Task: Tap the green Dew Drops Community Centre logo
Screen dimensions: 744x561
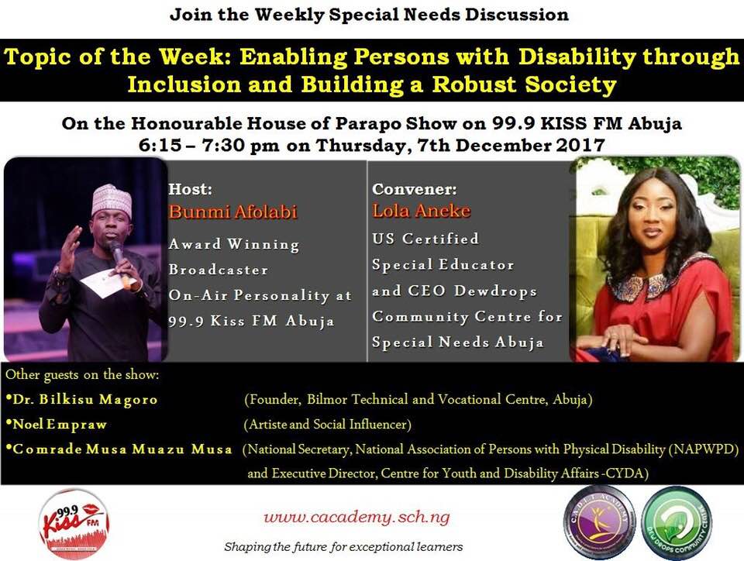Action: (677, 521)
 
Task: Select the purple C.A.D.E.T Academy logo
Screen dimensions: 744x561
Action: (600, 522)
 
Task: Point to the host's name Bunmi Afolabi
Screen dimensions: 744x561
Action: (232, 212)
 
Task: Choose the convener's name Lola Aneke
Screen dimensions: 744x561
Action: (422, 211)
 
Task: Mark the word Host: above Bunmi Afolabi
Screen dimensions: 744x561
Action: (191, 189)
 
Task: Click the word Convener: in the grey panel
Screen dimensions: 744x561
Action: (414, 189)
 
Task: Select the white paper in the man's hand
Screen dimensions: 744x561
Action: (102, 283)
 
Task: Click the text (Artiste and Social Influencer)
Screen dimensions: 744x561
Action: (327, 424)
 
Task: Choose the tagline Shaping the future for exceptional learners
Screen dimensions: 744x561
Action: (343, 547)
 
